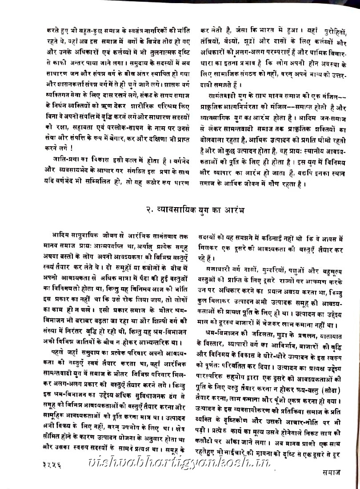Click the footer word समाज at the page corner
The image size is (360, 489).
coord(332,479)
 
